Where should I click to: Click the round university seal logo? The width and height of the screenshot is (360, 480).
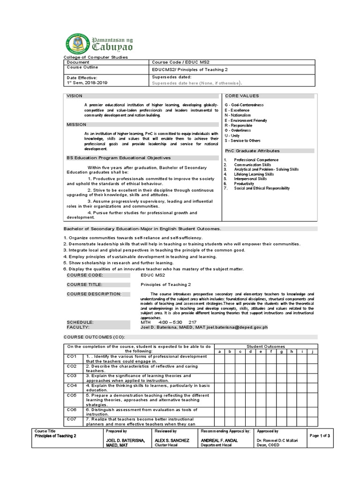[78, 41]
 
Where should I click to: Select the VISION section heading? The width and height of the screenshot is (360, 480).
[75, 96]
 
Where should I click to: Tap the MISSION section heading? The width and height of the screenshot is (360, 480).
[76, 125]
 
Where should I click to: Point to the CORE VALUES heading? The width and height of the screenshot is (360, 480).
[242, 96]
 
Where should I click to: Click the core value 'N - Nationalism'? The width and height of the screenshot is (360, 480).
[238, 115]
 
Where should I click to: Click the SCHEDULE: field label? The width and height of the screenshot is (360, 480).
[80, 322]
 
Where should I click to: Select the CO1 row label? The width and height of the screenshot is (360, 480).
[72, 357]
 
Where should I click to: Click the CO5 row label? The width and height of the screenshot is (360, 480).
[72, 395]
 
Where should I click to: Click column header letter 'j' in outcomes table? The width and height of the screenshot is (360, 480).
[311, 351]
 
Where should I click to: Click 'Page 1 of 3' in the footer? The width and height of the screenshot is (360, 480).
[322, 436]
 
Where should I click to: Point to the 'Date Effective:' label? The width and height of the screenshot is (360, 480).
[82, 77]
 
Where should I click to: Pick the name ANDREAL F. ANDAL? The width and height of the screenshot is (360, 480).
[220, 441]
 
